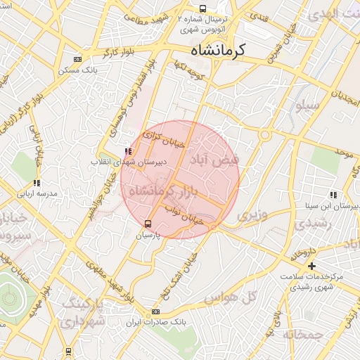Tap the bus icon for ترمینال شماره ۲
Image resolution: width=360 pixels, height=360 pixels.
click(x=203, y=9)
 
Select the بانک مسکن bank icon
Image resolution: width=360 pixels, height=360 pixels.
click(x=77, y=60)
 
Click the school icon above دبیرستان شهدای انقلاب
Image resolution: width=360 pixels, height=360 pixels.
click(x=127, y=151)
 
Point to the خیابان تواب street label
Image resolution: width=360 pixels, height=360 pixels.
click(x=184, y=214)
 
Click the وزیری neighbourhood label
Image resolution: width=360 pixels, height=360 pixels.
click(x=251, y=216)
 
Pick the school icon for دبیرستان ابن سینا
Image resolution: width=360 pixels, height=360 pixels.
click(x=332, y=195)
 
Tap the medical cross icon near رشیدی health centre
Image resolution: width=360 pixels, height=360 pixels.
click(x=311, y=266)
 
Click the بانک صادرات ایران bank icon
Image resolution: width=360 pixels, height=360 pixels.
click(x=155, y=311)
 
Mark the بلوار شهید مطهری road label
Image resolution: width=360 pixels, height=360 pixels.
click(x=103, y=276)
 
